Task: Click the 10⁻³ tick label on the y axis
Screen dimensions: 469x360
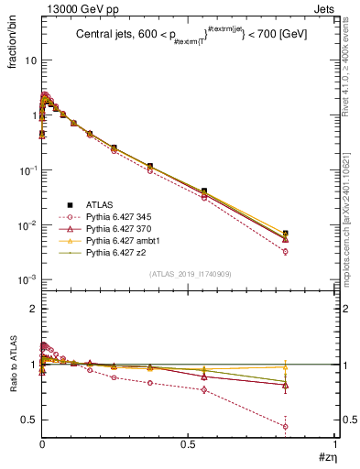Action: (26, 280)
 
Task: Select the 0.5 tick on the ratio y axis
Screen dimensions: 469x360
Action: (28, 420)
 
